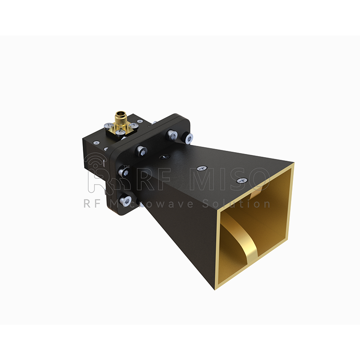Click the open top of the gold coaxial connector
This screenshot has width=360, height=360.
pos(120,113)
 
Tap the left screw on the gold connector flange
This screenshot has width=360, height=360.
pos(108,125)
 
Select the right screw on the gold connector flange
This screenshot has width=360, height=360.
pos(132,125)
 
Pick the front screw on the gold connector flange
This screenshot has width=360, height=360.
pos(120,132)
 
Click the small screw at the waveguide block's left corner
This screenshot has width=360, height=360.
pos(96,143)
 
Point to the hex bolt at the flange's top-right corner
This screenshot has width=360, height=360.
pos(188,138)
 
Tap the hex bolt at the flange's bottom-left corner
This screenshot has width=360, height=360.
pos(126,200)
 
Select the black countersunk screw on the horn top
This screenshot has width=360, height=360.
pos(164,157)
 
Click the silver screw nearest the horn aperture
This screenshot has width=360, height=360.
pos(242,180)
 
